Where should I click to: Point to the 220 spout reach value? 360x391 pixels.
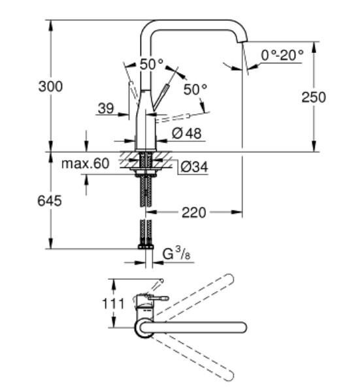[x=194, y=212]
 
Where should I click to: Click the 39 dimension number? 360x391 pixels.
[x=105, y=109]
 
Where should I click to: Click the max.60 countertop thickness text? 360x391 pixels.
[x=85, y=163]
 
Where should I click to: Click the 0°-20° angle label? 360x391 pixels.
[x=282, y=56]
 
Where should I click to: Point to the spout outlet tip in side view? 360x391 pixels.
[x=242, y=43]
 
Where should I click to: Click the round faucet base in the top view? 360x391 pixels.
[x=144, y=328]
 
